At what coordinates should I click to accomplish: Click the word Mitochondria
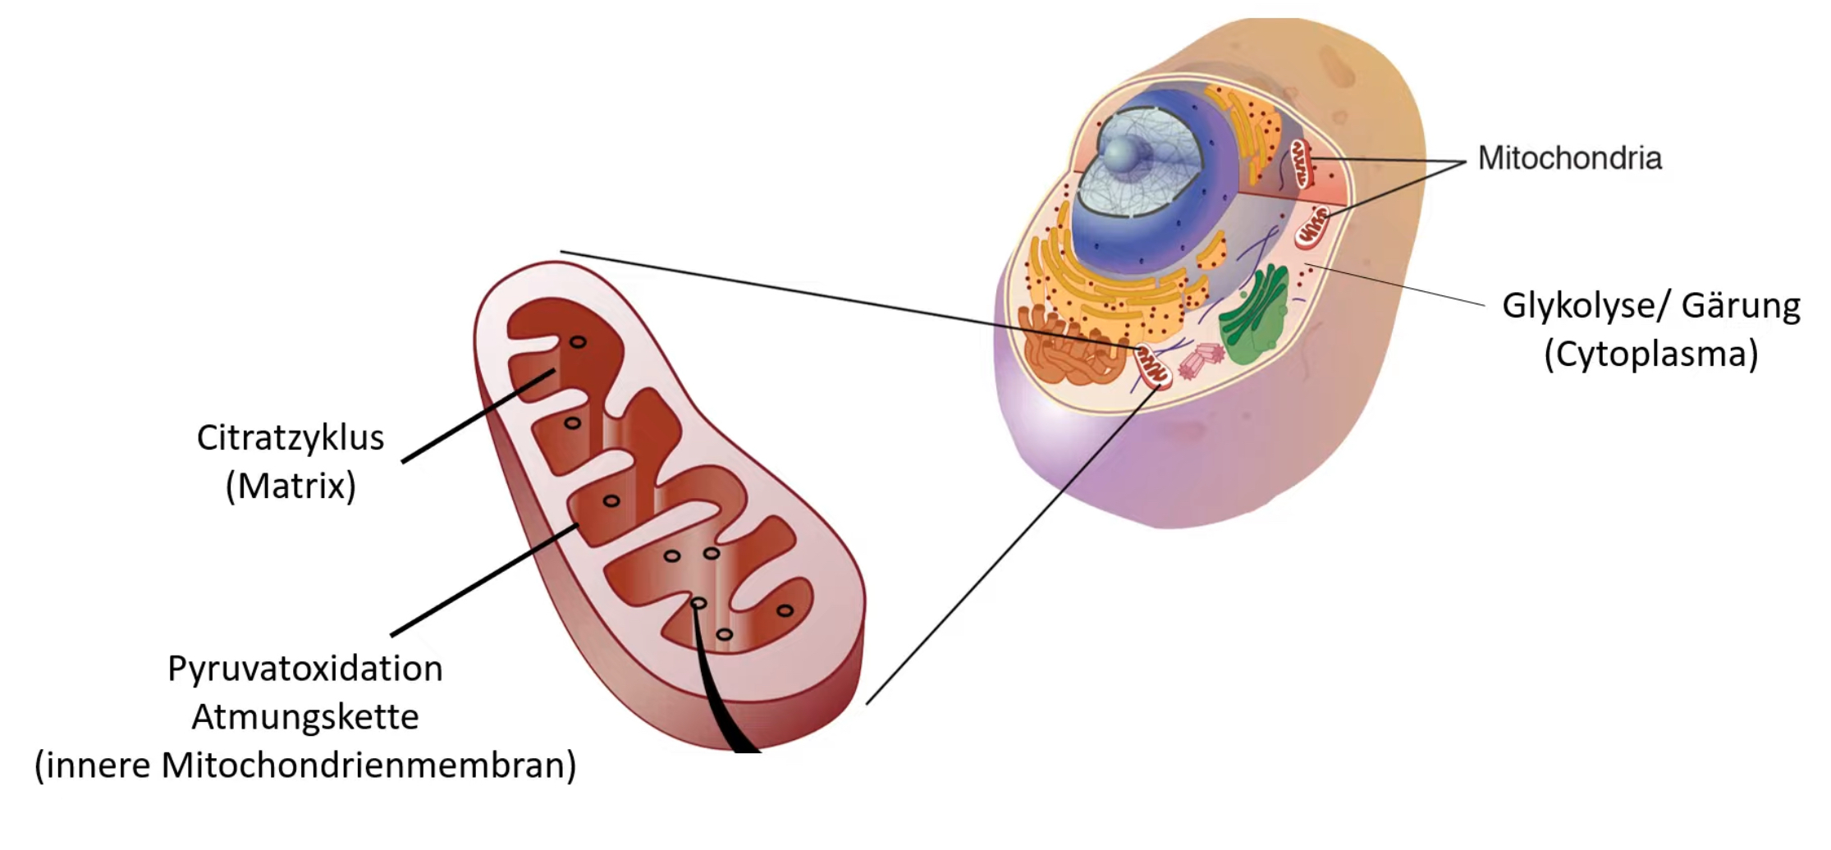1569,158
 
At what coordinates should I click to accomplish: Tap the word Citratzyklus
290,438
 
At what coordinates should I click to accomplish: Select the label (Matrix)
291,487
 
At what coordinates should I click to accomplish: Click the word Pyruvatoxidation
304,669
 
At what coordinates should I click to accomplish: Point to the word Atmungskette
304,717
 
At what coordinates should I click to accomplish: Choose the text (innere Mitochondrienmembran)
304,765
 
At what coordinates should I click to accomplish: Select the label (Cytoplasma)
1650,354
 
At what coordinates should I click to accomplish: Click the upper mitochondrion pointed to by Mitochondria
1302,163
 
